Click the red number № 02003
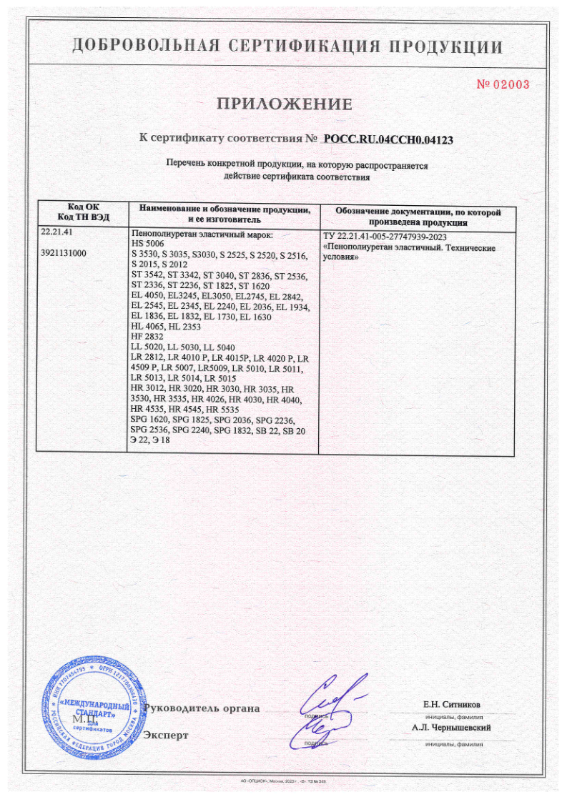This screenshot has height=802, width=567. [503, 84]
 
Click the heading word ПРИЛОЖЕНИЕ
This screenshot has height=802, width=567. [284, 104]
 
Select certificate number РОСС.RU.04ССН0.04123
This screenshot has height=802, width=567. [389, 139]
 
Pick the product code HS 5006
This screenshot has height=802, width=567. [148, 244]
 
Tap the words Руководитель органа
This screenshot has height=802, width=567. [202, 708]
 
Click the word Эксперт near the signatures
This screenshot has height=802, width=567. [167, 735]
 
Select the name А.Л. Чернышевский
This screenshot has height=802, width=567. [451, 728]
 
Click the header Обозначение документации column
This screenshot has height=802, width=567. [418, 217]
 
